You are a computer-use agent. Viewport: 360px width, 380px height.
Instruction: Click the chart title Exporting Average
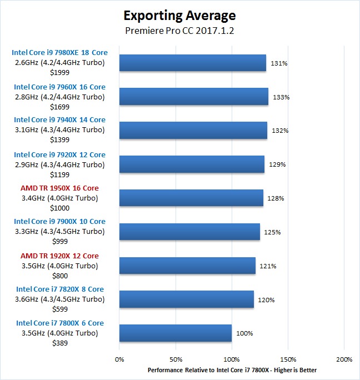coord(179,15)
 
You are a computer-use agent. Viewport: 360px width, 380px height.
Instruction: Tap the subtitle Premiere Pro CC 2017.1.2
coord(179,31)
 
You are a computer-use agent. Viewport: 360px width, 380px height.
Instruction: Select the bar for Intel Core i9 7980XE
coord(192,63)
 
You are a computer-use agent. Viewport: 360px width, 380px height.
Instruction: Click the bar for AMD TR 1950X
coord(191,198)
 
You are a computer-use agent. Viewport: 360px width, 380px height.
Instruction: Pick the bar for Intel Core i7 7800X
coord(175,333)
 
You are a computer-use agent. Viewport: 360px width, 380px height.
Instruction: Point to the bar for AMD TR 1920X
coord(187,266)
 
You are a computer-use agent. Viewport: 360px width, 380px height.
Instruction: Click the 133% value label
coord(281,97)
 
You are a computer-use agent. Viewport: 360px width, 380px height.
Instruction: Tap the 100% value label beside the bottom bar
coord(244,333)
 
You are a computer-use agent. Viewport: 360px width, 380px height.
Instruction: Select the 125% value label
coord(272,232)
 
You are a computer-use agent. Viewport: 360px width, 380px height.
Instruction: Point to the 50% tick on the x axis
coord(176,359)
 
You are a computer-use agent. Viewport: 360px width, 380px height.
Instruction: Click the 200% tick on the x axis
coord(344,359)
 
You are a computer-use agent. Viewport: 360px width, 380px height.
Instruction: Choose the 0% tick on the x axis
coord(119,359)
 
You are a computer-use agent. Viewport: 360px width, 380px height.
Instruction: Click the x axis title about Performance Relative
coord(232,370)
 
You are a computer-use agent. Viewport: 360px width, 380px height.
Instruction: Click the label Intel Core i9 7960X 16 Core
coord(60,87)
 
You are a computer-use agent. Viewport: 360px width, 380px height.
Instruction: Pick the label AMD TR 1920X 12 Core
coord(60,256)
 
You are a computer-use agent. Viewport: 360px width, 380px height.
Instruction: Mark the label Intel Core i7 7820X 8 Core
coord(60,289)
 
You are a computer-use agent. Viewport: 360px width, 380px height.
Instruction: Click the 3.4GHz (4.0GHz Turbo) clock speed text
coord(60,198)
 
